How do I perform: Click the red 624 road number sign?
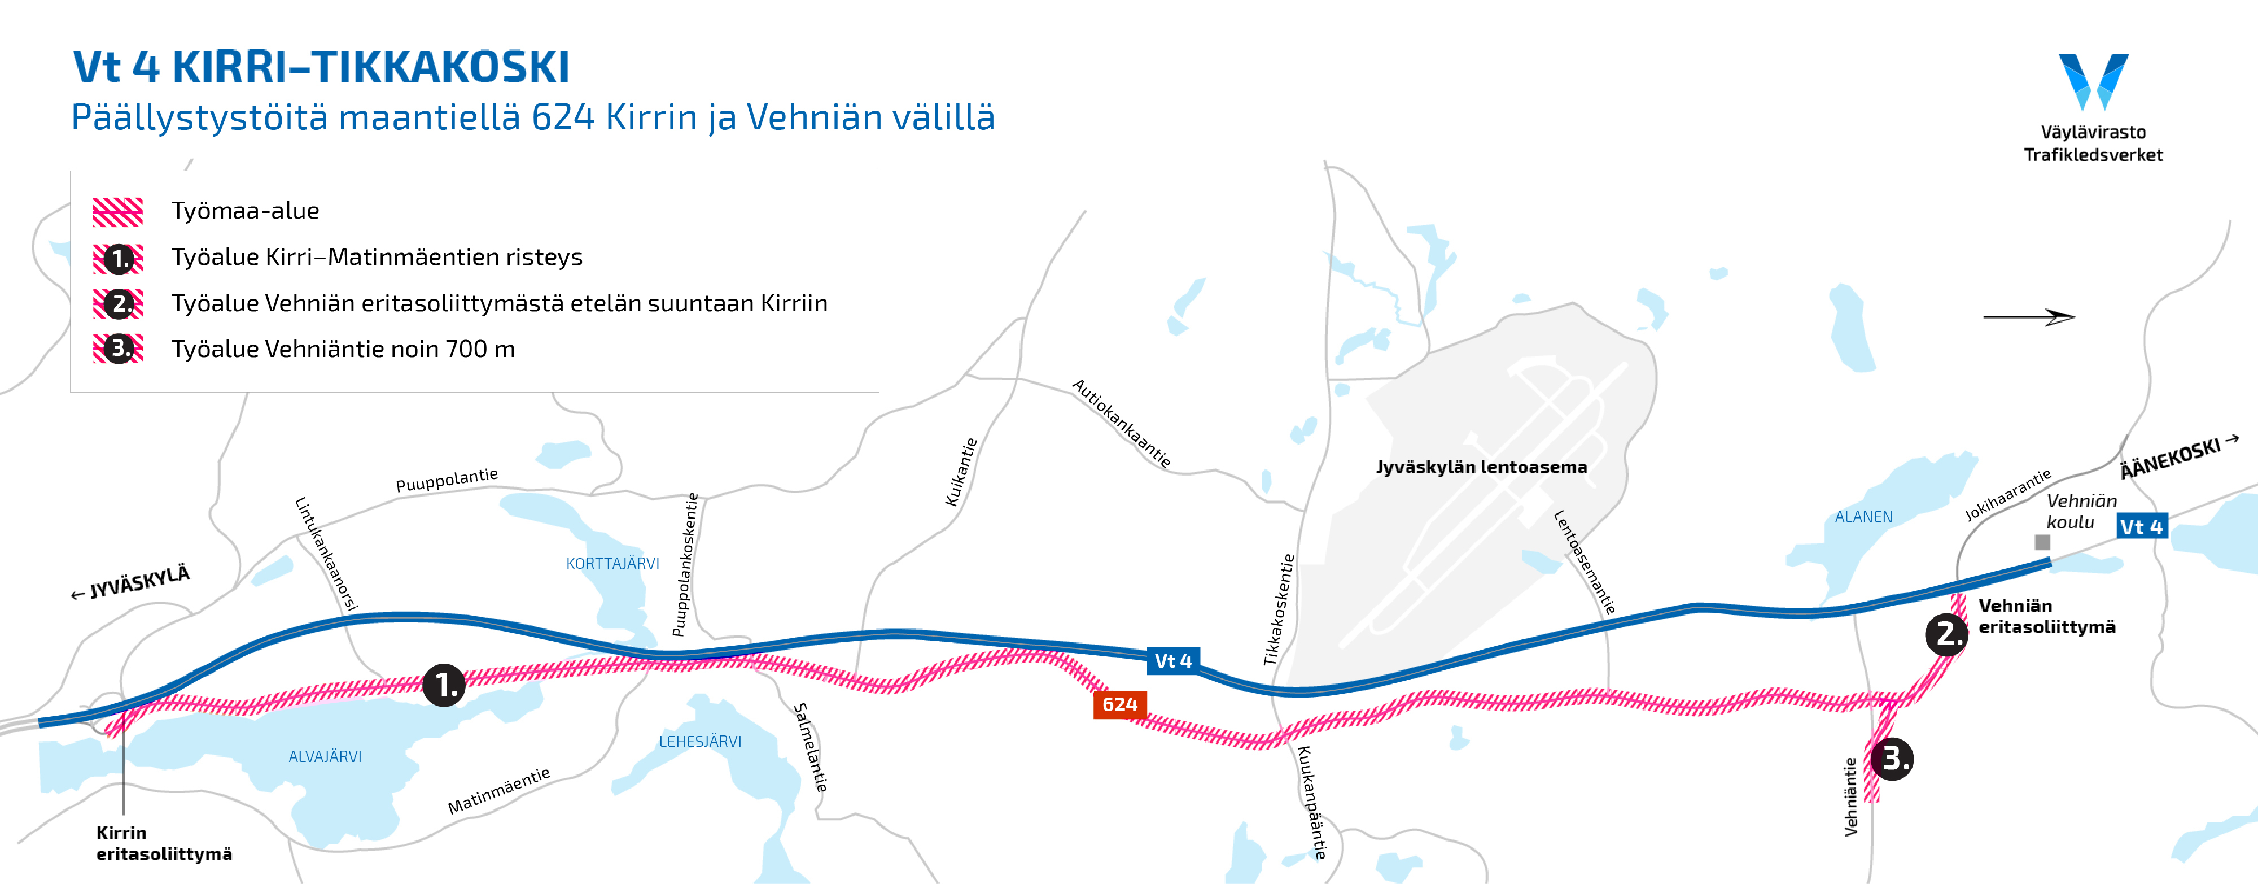pyautogui.click(x=1119, y=704)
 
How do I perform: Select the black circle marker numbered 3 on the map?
pyautogui.click(x=1892, y=759)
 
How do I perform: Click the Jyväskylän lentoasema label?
pyautogui.click(x=1481, y=467)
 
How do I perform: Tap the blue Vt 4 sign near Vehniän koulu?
pyautogui.click(x=2141, y=526)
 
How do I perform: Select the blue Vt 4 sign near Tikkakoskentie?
pyautogui.click(x=1173, y=660)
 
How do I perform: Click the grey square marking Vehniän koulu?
pyautogui.click(x=2042, y=542)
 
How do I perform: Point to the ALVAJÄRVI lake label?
pyautogui.click(x=325, y=756)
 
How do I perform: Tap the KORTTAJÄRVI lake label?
pyautogui.click(x=612, y=563)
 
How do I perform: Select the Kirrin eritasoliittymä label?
pyautogui.click(x=163, y=843)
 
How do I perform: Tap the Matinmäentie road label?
pyautogui.click(x=499, y=790)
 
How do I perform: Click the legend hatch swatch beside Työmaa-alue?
pyautogui.click(x=117, y=211)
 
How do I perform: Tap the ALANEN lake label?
pyautogui.click(x=1863, y=516)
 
